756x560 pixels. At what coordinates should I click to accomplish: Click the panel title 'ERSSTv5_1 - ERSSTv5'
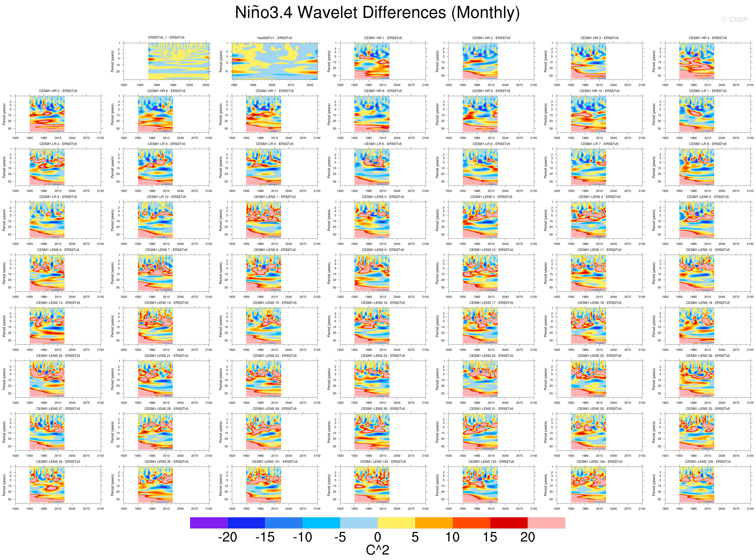(166, 38)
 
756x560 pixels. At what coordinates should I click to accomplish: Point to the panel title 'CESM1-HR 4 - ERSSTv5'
(707, 38)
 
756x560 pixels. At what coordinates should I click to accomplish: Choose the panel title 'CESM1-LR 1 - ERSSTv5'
(707, 91)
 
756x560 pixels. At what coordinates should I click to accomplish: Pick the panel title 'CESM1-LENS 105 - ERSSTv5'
(707, 462)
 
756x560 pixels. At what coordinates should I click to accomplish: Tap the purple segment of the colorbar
(209, 523)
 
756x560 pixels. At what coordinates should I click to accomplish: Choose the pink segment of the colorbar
(546, 523)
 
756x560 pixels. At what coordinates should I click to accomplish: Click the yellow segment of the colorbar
(396, 523)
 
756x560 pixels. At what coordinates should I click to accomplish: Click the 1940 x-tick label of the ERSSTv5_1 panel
(140, 85)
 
